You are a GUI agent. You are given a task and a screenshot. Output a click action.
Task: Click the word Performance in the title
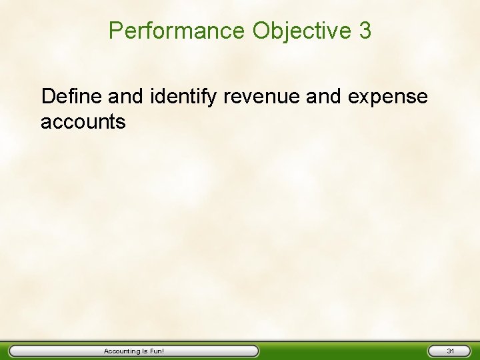[177, 31]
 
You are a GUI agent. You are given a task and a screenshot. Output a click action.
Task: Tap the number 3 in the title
[364, 31]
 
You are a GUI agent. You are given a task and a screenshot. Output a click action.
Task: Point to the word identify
[184, 97]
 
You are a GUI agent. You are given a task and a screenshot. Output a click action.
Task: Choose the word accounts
[83, 122]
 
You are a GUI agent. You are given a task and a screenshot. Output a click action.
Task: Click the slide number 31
[450, 351]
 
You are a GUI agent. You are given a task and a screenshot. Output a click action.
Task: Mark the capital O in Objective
[262, 31]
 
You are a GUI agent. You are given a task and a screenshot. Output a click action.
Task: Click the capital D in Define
[47, 97]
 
